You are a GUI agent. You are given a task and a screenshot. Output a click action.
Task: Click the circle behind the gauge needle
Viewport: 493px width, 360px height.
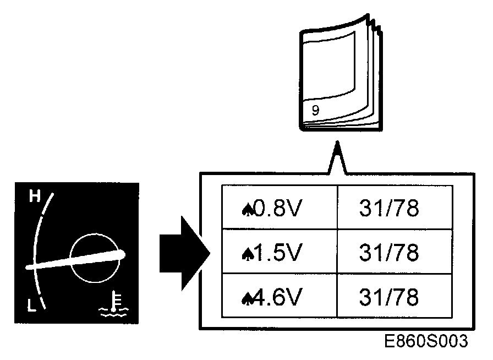point(95,257)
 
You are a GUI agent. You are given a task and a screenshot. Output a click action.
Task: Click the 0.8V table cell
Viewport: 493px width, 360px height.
point(279,208)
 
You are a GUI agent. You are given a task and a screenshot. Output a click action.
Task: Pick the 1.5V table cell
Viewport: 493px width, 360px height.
point(279,253)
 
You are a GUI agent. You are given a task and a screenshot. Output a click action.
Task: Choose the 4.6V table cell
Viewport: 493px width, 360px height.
point(279,298)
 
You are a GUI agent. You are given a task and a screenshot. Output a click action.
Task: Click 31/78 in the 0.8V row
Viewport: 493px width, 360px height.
point(388,208)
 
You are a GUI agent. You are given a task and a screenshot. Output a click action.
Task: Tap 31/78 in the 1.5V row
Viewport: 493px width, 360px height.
point(388,253)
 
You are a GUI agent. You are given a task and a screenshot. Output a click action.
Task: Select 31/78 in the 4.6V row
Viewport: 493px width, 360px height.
point(388,298)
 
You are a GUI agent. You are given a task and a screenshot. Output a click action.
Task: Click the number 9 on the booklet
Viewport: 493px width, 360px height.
point(315,110)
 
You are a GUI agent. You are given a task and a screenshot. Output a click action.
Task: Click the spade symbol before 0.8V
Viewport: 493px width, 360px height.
point(246,209)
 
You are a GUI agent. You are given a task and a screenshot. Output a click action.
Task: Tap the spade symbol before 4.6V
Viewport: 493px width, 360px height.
point(246,299)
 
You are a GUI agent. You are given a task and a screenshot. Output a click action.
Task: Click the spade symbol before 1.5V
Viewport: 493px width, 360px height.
point(246,254)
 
